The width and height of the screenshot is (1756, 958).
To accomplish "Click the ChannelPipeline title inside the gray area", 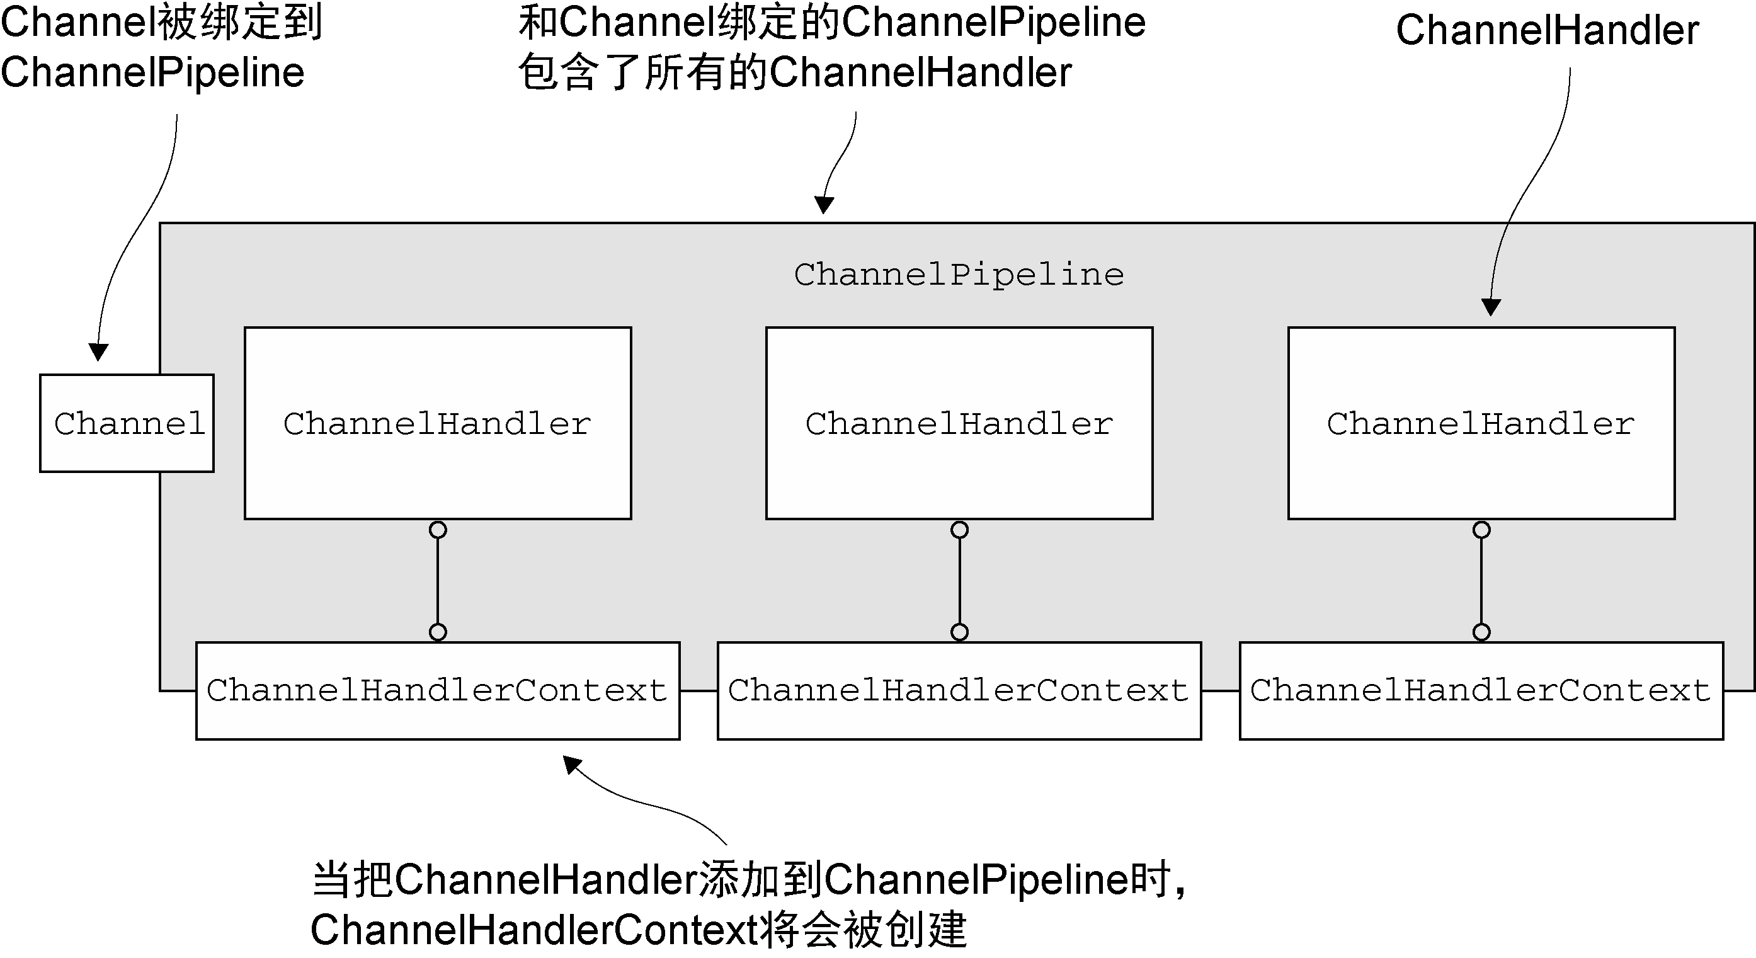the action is pyautogui.click(x=959, y=275).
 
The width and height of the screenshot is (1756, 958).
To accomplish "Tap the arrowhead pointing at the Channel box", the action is pyautogui.click(x=99, y=351).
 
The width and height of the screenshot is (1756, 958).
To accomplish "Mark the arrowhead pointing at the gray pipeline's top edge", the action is pyautogui.click(x=824, y=205).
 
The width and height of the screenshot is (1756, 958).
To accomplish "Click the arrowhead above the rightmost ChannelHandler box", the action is pyautogui.click(x=1491, y=307).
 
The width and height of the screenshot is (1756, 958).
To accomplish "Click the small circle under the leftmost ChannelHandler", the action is pyautogui.click(x=438, y=530).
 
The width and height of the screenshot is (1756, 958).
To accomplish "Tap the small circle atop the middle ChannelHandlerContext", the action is pyautogui.click(x=959, y=632).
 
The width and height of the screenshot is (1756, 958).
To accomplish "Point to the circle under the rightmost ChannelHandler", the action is pyautogui.click(x=1481, y=530).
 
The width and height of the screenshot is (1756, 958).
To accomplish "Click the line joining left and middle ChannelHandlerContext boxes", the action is pyautogui.click(x=698, y=691).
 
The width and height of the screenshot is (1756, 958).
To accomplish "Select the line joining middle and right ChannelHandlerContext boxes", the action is pyautogui.click(x=1220, y=691).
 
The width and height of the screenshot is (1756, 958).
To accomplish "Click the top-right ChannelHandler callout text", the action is pyautogui.click(x=1548, y=31).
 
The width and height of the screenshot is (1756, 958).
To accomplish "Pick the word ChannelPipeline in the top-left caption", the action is pyautogui.click(x=152, y=73).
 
